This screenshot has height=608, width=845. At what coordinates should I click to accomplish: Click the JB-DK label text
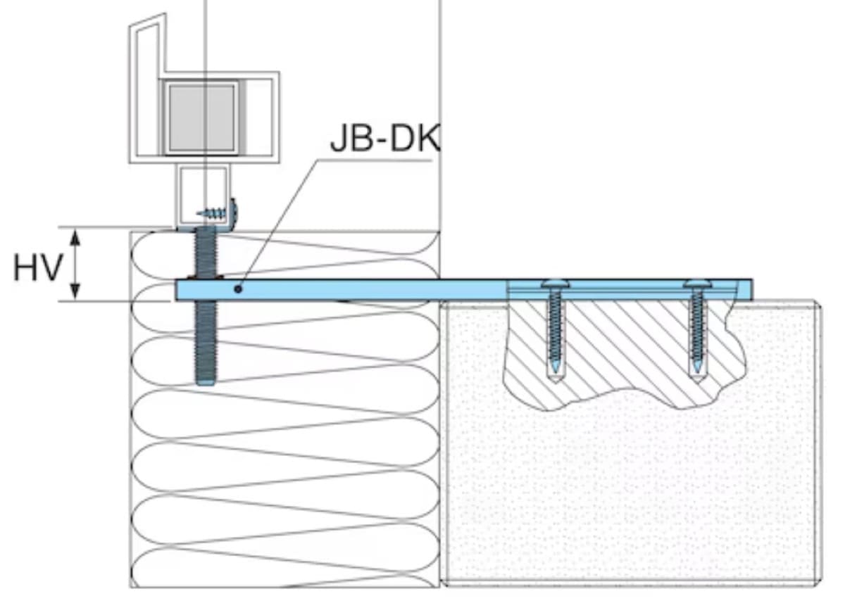click(x=384, y=140)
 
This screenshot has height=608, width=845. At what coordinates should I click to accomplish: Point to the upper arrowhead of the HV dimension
click(x=77, y=234)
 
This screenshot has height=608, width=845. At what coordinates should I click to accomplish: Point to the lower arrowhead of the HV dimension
click(x=77, y=295)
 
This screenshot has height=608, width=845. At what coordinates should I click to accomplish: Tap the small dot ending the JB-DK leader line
click(x=239, y=288)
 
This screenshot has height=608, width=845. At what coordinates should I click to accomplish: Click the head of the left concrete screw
click(x=553, y=284)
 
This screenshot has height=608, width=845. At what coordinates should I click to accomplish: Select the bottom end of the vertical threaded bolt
click(x=206, y=382)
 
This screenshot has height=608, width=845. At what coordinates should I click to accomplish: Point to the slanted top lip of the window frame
click(x=148, y=28)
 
